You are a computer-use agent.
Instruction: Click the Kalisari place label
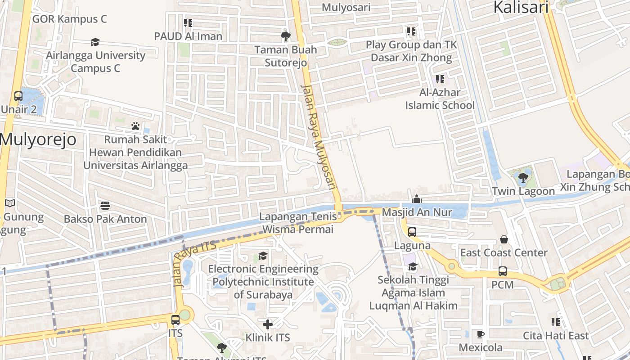tap(521, 8)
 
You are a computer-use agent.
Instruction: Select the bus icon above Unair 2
tap(18, 96)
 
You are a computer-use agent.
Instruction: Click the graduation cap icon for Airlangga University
tap(95, 42)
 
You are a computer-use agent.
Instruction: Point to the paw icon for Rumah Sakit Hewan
tap(135, 126)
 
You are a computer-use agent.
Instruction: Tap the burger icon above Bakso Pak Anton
tap(105, 206)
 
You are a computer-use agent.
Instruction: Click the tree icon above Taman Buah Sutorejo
tap(285, 36)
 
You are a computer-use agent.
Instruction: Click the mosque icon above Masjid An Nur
tap(417, 199)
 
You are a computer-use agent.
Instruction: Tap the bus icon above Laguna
tap(412, 232)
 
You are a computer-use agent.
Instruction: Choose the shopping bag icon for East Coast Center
tap(504, 239)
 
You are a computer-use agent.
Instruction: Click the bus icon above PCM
tap(503, 271)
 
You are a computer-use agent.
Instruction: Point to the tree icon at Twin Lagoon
tap(523, 177)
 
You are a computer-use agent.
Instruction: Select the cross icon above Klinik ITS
tap(268, 324)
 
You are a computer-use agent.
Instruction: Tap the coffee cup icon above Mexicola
tap(481, 334)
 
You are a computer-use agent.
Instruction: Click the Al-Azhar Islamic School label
tap(440, 99)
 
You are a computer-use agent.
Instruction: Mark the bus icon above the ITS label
tap(175, 320)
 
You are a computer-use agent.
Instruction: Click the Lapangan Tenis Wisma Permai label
tap(298, 223)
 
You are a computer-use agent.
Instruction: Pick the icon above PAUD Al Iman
tap(188, 22)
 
